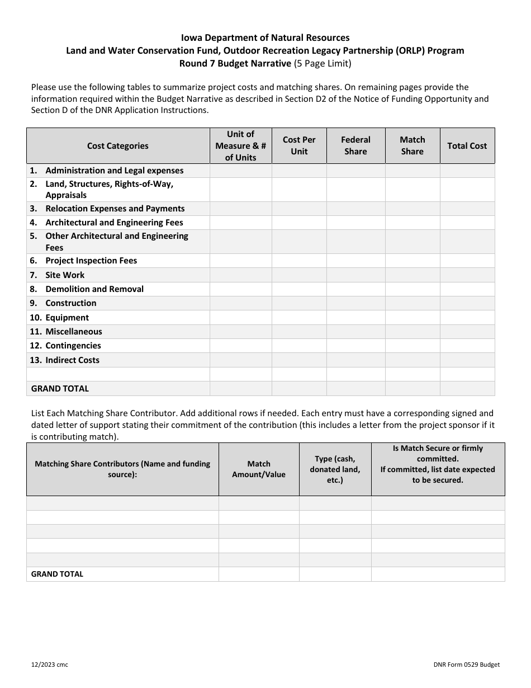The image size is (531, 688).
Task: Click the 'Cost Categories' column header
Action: click(118, 146)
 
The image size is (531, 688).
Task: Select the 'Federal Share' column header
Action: click(355, 146)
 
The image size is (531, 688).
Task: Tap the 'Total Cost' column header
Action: click(467, 146)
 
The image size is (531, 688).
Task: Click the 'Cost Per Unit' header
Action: click(299, 146)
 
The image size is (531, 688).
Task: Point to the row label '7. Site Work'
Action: click(58, 275)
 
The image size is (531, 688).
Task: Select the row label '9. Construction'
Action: click(63, 303)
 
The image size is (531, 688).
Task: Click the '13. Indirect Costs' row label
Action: click(64, 360)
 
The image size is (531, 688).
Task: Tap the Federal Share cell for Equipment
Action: click(355, 318)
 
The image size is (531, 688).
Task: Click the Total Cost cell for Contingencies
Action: click(467, 346)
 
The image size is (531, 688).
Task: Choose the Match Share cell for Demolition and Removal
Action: click(413, 289)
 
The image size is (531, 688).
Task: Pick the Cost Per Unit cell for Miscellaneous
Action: click(299, 332)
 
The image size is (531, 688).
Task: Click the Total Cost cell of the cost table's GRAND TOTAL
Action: click(467, 389)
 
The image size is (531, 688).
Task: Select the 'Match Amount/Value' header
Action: click(259, 469)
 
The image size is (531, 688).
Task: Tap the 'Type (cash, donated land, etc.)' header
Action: click(335, 469)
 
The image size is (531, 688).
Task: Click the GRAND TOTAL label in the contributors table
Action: click(57, 574)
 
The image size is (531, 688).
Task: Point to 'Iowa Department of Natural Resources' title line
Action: click(265, 38)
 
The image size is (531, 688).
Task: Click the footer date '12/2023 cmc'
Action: click(50, 665)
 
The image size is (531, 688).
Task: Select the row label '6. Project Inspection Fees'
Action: click(84, 261)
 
